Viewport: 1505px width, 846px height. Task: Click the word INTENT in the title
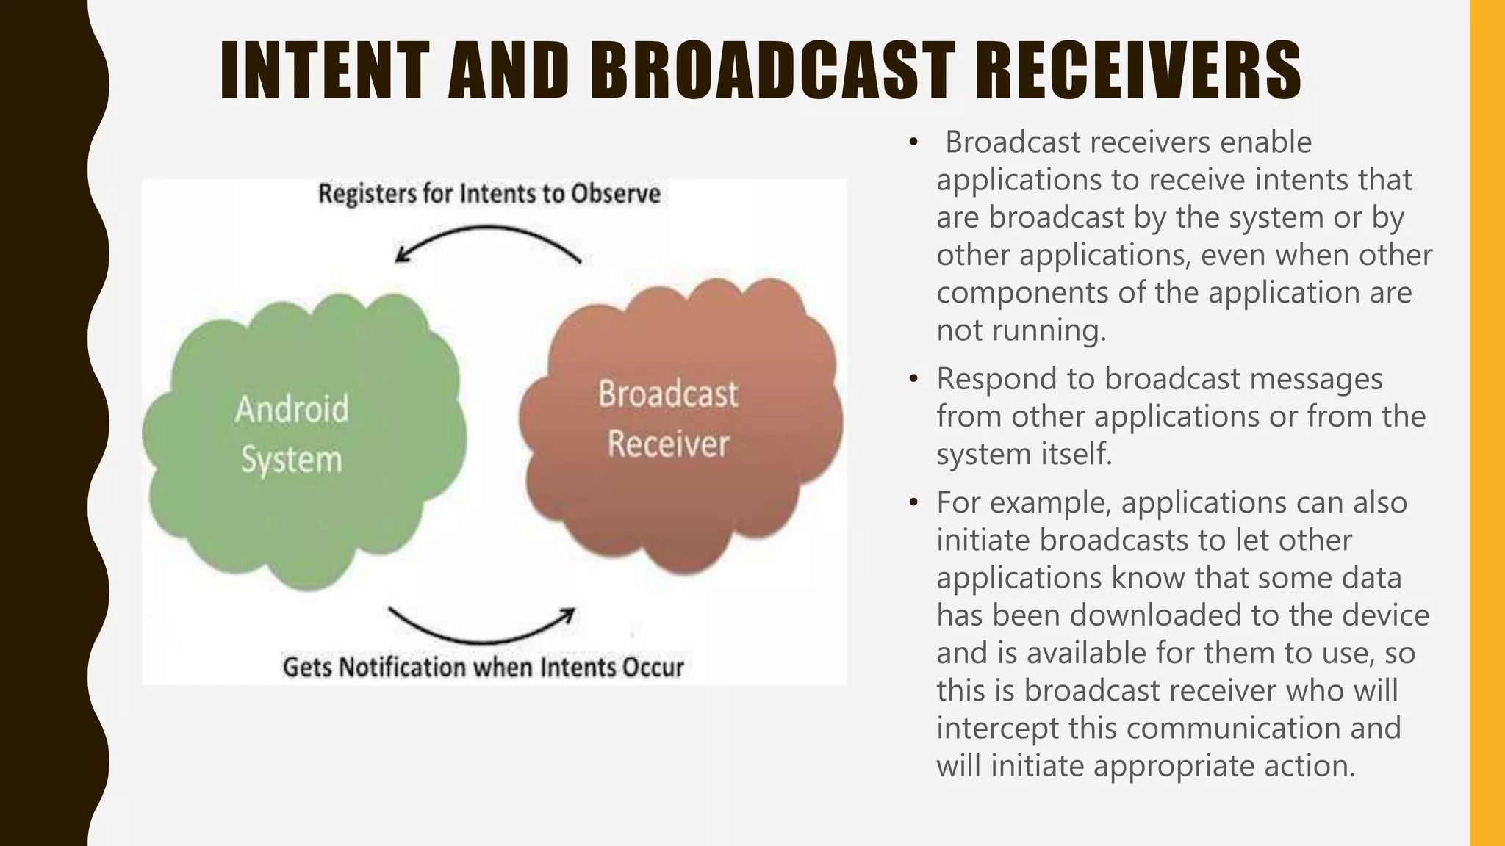tap(324, 70)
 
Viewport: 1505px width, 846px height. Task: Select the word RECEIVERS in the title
tap(1138, 70)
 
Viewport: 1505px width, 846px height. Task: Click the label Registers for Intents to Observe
tap(489, 194)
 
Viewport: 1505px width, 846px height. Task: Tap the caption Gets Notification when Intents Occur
tap(483, 667)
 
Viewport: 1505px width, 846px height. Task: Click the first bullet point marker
tap(913, 142)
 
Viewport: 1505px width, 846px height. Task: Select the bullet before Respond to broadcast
tap(913, 380)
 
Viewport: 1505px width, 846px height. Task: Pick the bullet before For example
tap(913, 503)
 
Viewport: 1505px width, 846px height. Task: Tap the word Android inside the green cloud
tap(292, 409)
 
